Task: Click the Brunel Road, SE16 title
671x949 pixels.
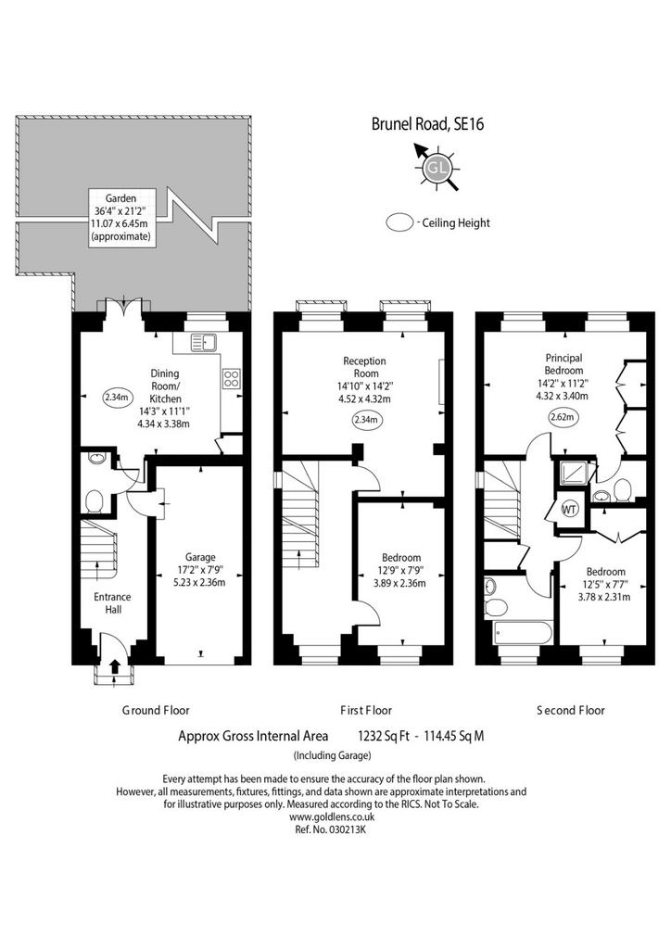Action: tap(427, 124)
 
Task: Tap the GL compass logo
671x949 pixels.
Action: tap(437, 167)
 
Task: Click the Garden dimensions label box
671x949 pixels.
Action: tap(122, 217)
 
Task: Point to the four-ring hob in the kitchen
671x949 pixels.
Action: tap(232, 379)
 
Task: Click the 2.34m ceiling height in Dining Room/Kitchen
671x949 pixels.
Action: tap(117, 398)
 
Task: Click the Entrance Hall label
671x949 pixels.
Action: tap(112, 602)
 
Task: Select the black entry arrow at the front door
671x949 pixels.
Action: tap(114, 666)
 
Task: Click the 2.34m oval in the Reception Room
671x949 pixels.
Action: tap(365, 420)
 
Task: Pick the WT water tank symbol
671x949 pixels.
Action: tap(569, 509)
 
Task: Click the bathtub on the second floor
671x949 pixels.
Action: tap(523, 633)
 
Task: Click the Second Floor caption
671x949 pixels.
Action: tap(571, 710)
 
